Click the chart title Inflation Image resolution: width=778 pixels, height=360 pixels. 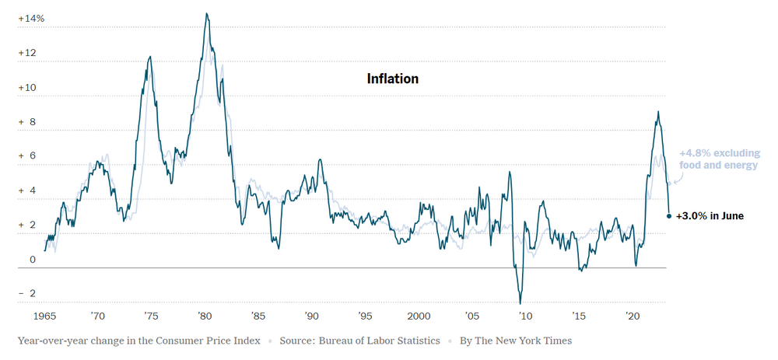pos(392,79)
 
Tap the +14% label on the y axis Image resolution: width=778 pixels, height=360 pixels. pos(32,17)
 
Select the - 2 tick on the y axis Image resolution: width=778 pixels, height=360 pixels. pos(27,294)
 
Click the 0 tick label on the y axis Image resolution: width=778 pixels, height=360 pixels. pos(32,260)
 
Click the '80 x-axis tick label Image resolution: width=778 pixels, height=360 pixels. pos(205,316)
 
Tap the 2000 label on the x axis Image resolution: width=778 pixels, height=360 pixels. pos(419,316)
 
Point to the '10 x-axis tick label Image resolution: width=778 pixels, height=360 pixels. pos(525,316)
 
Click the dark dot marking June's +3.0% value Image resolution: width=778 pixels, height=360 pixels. pos(669,215)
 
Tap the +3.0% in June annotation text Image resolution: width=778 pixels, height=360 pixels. pos(710,215)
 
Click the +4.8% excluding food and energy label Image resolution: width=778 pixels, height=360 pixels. pos(717,159)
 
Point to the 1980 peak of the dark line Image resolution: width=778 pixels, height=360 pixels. pos(206,13)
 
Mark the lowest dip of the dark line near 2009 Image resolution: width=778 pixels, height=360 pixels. pos(520,303)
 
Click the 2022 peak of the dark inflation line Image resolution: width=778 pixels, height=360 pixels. pos(659,111)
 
